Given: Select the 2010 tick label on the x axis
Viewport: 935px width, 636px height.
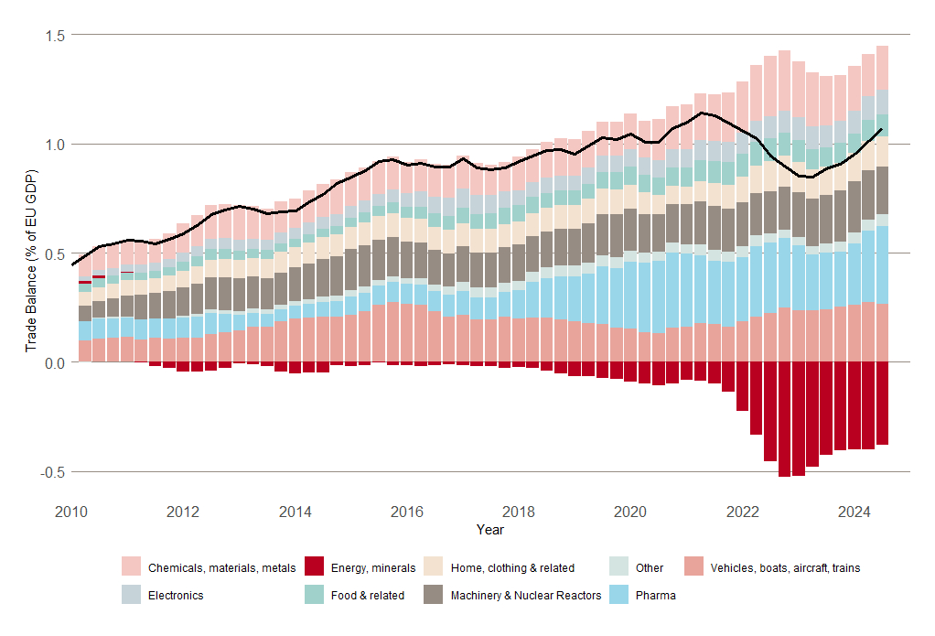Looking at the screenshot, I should click(72, 511).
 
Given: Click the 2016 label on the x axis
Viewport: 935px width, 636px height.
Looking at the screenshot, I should click(407, 511).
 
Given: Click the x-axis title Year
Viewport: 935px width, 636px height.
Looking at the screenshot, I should click(489, 530).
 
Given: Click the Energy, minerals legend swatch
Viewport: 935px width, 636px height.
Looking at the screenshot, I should click(315, 567).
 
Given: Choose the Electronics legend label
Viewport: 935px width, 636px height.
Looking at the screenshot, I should click(176, 596).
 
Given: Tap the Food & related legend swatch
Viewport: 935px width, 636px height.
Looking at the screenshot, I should click(315, 595).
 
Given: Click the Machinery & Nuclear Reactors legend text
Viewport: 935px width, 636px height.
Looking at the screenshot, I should click(526, 596).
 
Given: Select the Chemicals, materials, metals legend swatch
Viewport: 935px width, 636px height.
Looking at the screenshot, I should click(132, 567).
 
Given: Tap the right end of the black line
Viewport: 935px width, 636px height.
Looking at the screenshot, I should click(881, 130).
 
